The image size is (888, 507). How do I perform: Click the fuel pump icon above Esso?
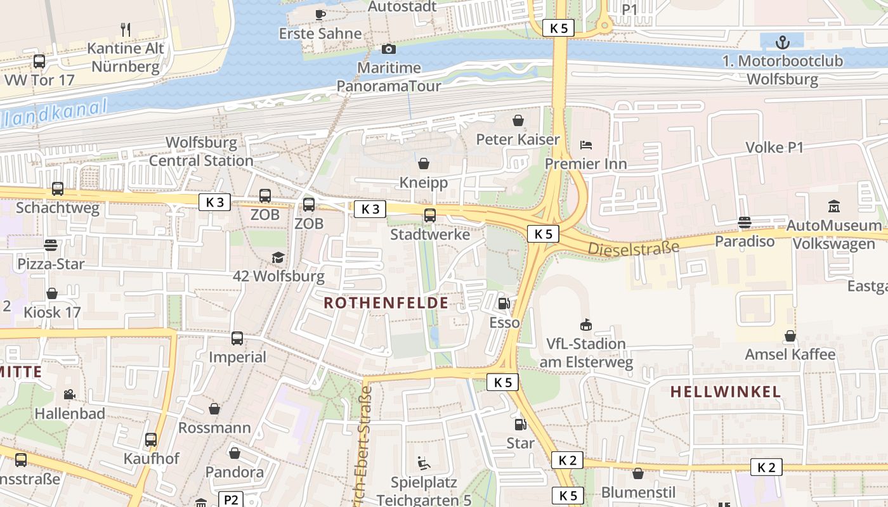(504, 304)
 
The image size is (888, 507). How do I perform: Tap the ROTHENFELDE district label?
(386, 303)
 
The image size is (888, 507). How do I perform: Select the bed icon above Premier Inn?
(586, 145)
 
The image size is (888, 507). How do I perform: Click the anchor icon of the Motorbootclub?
(783, 42)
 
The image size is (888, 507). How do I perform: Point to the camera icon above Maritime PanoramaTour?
(389, 49)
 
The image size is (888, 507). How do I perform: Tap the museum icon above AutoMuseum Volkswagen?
(833, 207)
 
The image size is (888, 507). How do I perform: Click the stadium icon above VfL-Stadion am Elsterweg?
(586, 325)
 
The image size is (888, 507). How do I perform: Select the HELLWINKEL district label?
(726, 392)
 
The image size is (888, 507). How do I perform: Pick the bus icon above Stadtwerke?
(430, 215)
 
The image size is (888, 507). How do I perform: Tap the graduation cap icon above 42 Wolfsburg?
(278, 257)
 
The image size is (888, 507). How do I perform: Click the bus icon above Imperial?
(237, 338)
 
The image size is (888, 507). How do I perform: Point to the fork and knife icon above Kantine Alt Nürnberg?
(126, 29)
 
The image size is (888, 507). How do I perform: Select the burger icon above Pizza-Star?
(51, 245)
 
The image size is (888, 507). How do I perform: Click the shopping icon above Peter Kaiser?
(518, 120)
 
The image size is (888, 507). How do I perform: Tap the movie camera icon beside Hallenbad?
(69, 394)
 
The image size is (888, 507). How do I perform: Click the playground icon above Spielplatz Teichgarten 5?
(424, 463)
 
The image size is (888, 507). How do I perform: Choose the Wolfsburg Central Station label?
(201, 151)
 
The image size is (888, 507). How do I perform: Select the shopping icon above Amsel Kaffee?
(790, 335)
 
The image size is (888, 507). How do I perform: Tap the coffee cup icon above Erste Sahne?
(320, 14)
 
